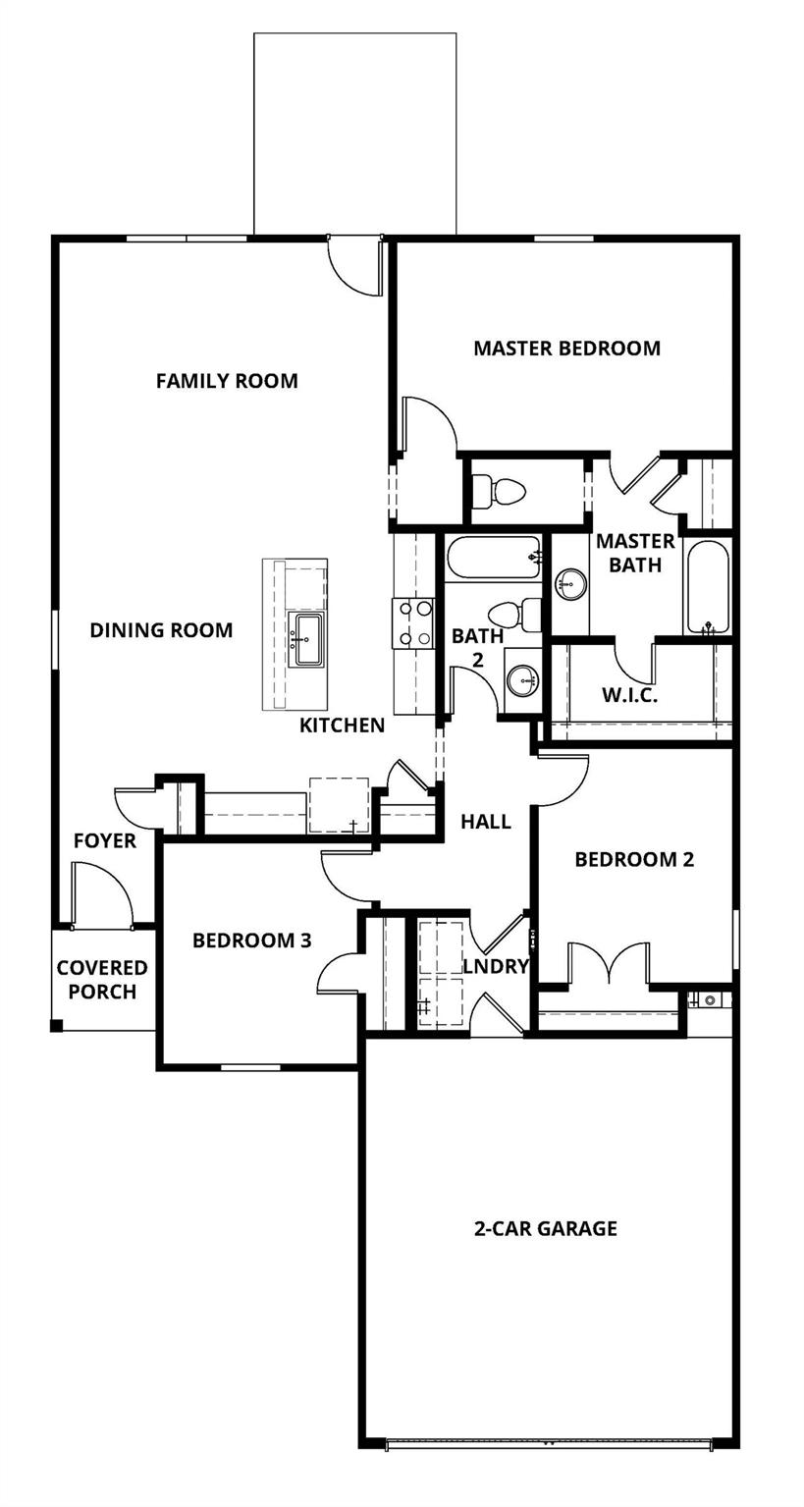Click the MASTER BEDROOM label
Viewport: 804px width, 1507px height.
coord(566,349)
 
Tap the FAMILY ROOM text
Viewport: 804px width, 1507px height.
coord(227,381)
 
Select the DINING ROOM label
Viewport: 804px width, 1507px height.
coord(161,630)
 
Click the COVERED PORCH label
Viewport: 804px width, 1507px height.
coord(102,980)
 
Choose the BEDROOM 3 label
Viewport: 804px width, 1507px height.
coord(251,941)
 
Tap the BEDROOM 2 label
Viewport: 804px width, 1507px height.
coord(634,860)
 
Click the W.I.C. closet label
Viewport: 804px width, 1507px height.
coord(629,695)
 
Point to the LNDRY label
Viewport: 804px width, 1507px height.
coord(496,966)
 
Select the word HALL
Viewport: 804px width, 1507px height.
coord(486,822)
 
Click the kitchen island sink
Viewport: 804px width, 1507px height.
coord(307,639)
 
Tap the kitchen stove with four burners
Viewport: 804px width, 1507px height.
coord(413,623)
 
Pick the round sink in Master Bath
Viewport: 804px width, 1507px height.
coord(569,585)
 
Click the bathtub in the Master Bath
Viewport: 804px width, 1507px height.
coord(707,586)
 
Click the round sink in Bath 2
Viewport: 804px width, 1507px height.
coord(523,678)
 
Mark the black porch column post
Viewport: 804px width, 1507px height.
coord(57,1026)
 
